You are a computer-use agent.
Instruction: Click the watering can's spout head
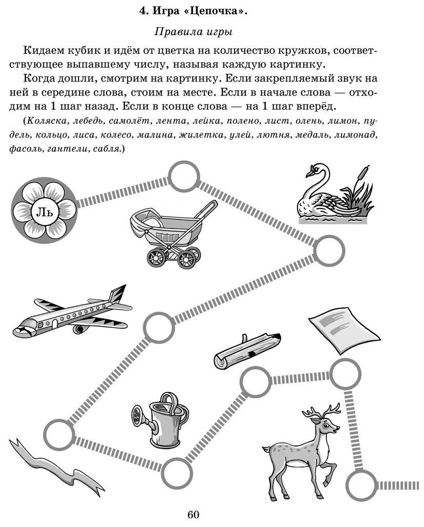click(x=138, y=414)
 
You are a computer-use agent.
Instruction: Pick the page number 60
click(x=193, y=515)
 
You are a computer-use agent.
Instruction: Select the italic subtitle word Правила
click(x=173, y=32)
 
